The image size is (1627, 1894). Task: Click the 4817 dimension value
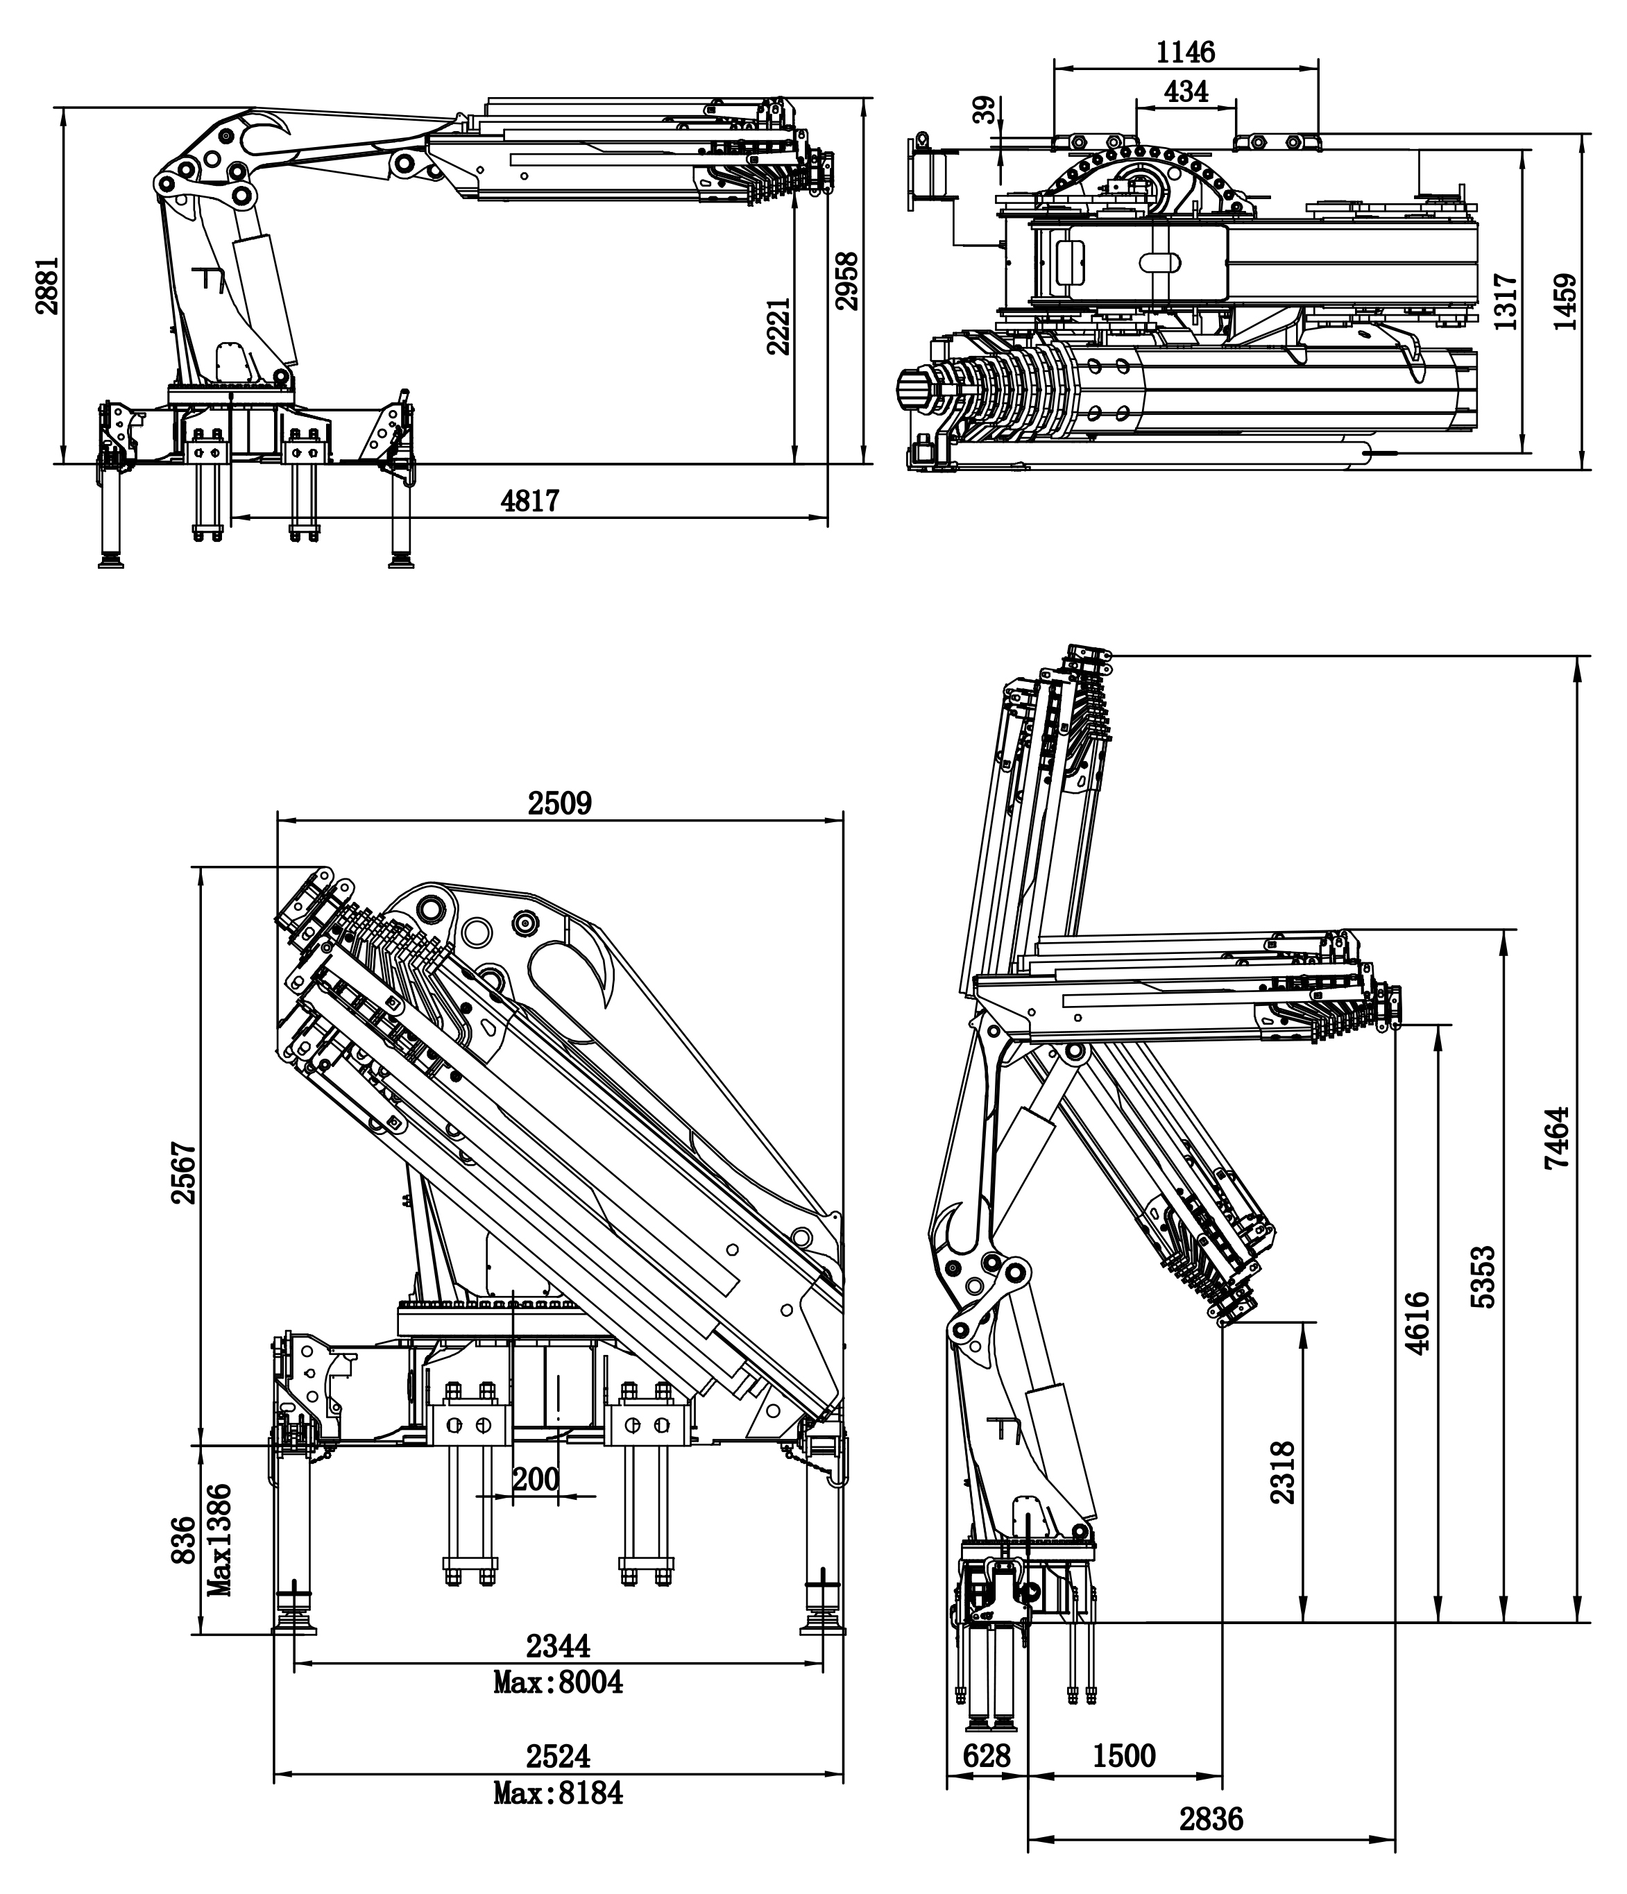click(530, 501)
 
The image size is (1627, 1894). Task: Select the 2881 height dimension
click(48, 286)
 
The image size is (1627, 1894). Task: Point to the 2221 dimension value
click(778, 325)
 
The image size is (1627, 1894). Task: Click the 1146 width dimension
click(1186, 52)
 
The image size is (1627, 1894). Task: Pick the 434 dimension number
click(1186, 92)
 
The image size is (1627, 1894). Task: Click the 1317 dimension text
click(1506, 302)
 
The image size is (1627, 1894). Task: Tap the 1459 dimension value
click(1566, 302)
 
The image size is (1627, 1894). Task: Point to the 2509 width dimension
click(559, 803)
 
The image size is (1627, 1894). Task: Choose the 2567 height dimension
click(185, 1172)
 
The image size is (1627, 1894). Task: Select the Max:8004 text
click(558, 1682)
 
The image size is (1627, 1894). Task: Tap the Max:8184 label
click(558, 1793)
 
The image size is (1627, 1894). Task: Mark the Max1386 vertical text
click(219, 1540)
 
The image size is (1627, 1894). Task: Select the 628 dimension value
click(987, 1755)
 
